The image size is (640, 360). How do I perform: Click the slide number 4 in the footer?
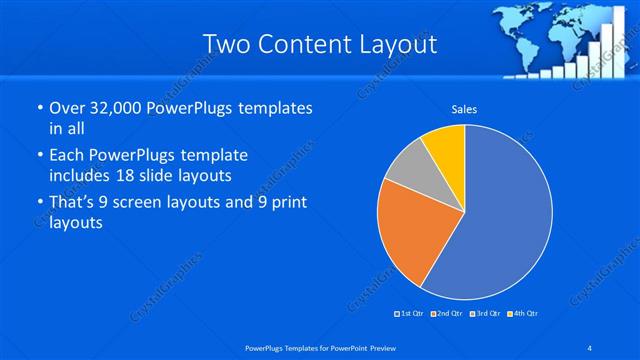590,347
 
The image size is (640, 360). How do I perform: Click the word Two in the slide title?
225,44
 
